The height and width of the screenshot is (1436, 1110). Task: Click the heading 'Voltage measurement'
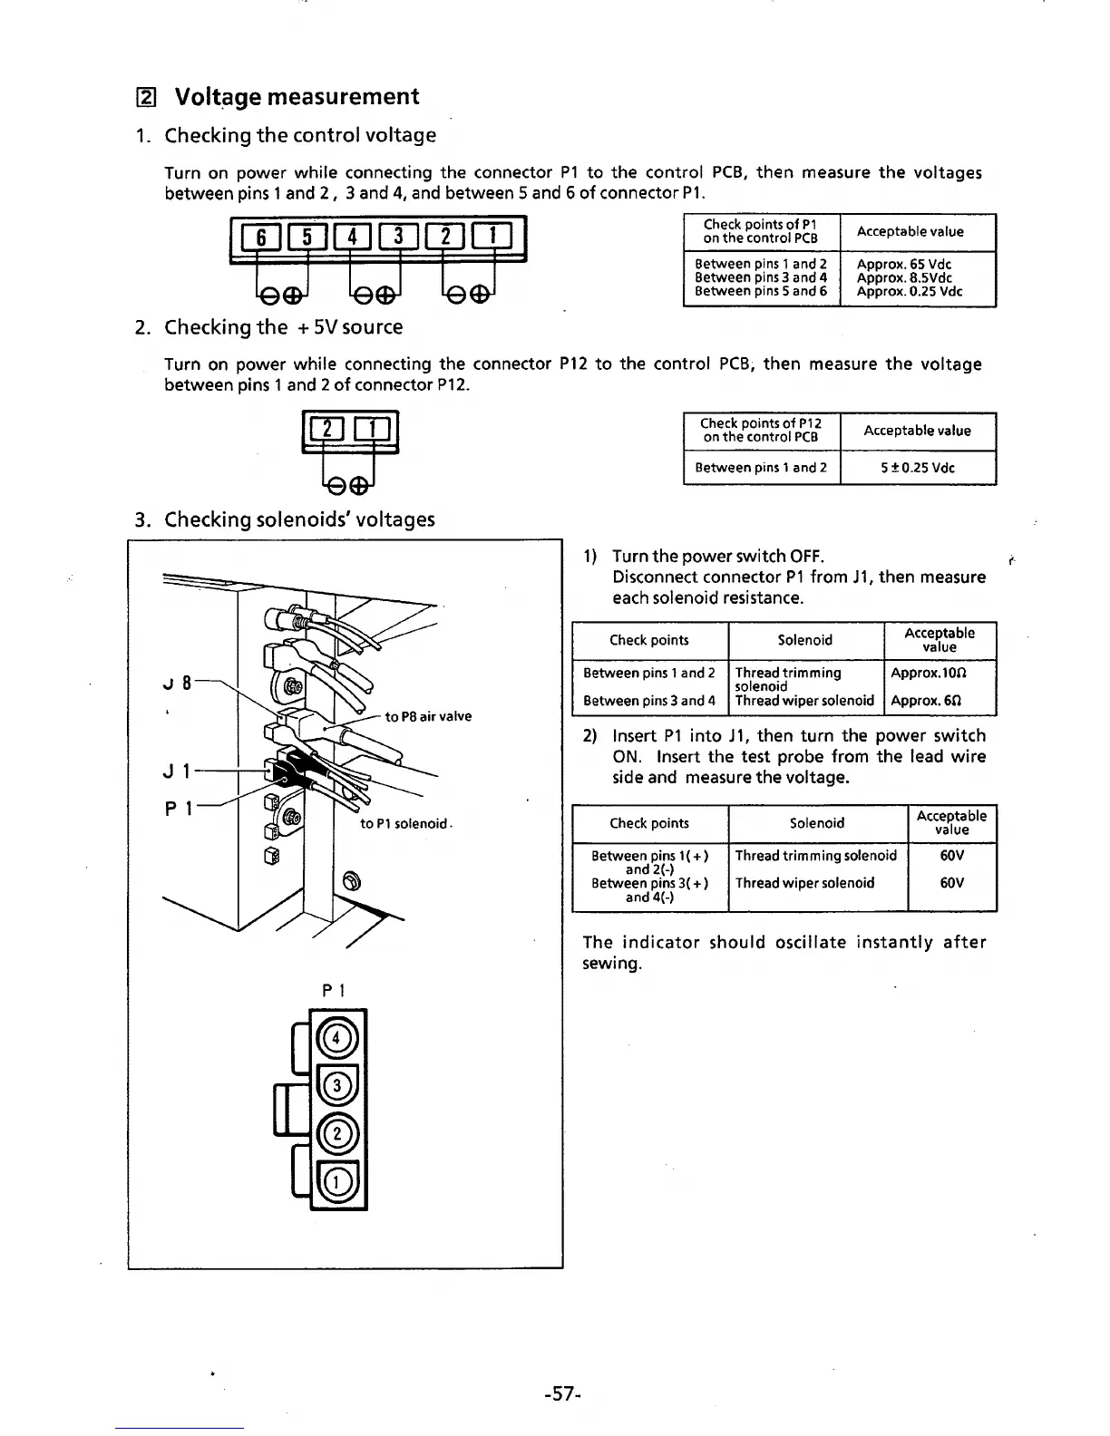(x=296, y=97)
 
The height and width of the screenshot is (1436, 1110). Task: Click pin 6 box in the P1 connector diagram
(x=260, y=238)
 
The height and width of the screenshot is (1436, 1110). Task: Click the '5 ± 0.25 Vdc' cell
(x=917, y=469)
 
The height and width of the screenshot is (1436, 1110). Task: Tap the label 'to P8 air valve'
(x=428, y=716)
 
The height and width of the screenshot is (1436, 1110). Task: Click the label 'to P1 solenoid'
(x=404, y=823)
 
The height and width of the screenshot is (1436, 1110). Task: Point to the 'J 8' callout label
(x=179, y=683)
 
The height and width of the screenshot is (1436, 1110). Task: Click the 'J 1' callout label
(x=176, y=772)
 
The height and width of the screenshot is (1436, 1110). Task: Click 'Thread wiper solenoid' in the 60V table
(x=805, y=883)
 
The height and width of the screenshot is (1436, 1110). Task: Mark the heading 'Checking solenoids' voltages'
(x=299, y=519)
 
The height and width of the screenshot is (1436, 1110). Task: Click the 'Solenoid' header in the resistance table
(x=805, y=640)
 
